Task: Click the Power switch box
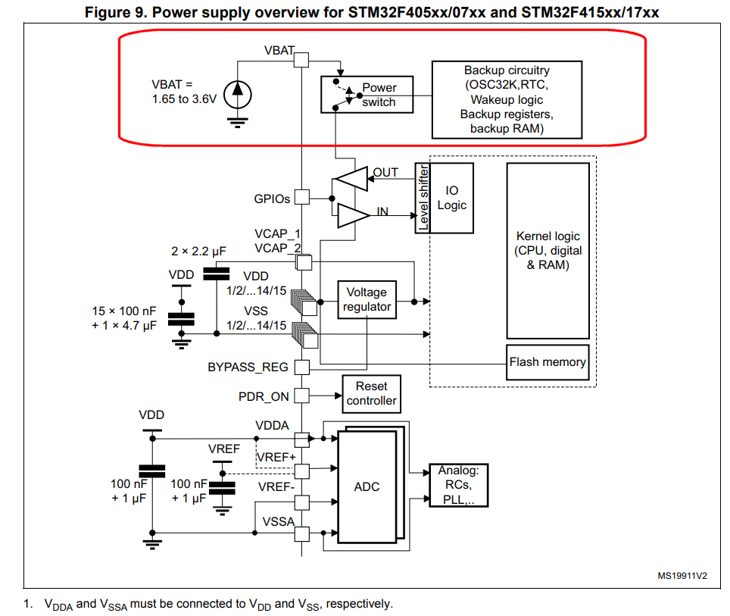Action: pos(367,95)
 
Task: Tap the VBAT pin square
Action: pos(301,59)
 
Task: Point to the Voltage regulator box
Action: pos(366,299)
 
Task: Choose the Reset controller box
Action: pos(371,393)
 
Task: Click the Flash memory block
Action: pos(547,362)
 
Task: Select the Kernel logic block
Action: pos(547,251)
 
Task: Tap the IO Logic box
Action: pos(452,198)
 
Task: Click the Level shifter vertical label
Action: pos(423,198)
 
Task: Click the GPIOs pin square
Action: pos(301,197)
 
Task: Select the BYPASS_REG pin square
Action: pos(301,367)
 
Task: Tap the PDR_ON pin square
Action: pos(301,396)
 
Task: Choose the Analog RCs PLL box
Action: pos(458,485)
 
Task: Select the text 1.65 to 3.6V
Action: pos(183,98)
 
